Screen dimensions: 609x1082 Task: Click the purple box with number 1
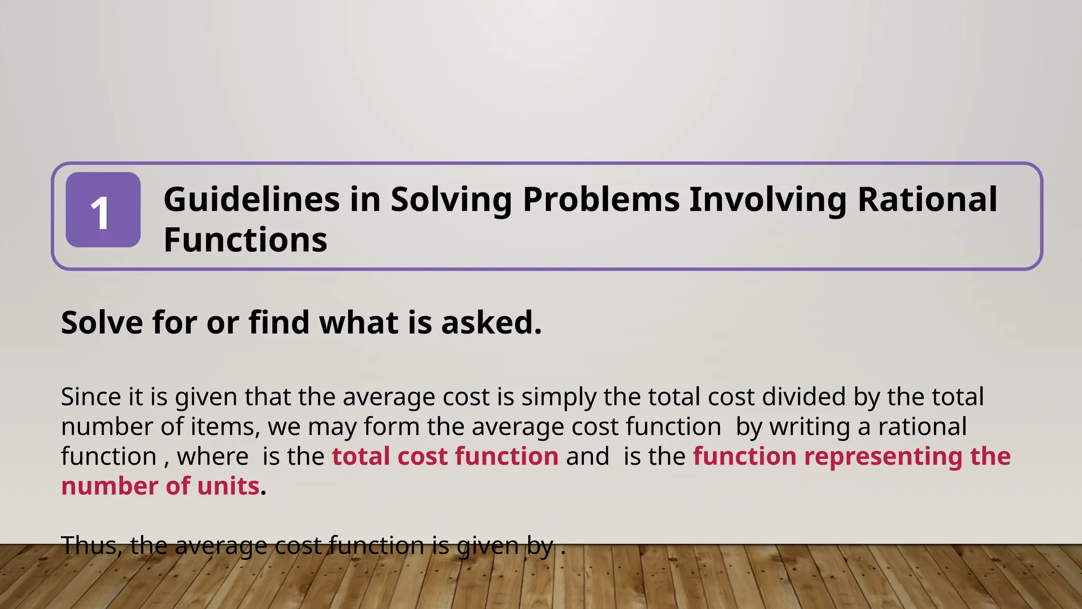tap(103, 210)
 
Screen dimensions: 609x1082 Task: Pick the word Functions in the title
tap(246, 240)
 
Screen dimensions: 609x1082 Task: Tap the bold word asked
tap(491, 322)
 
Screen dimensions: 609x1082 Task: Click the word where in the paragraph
tap(213, 456)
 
